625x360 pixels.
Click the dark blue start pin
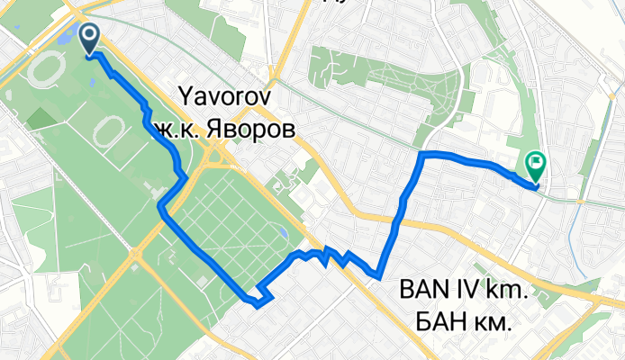coord(91,38)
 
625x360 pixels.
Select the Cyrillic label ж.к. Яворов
coord(223,129)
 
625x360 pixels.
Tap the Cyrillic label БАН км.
coord(465,319)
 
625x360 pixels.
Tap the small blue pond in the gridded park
coord(285,234)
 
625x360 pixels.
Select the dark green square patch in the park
coord(41,117)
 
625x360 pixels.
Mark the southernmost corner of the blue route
coord(258,305)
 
